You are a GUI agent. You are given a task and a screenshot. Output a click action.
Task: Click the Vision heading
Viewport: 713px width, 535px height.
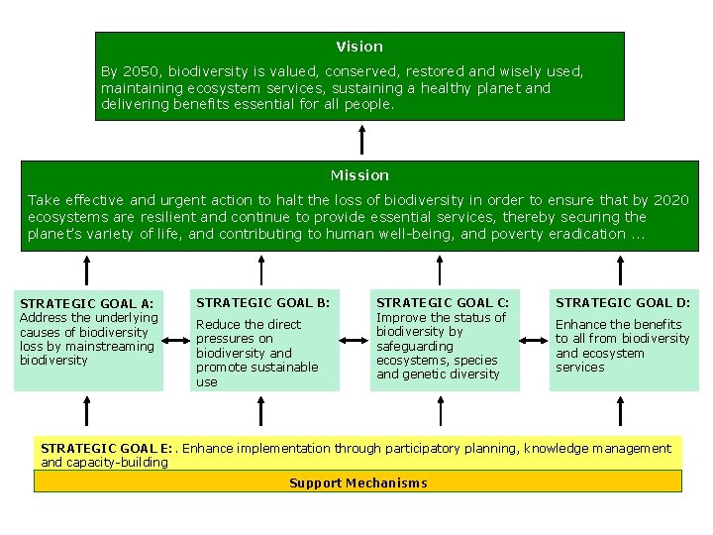(358, 47)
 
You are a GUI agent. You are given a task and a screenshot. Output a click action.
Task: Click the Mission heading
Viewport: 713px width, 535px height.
(359, 175)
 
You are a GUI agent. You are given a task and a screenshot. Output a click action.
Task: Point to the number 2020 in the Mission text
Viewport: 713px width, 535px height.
(671, 200)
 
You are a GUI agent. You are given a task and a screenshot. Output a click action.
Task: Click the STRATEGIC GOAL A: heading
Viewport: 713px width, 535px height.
(86, 303)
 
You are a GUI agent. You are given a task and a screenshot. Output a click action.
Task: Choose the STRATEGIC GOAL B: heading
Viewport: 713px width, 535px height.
(262, 302)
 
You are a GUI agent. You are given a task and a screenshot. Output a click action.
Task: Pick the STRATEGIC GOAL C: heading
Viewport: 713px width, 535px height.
(443, 302)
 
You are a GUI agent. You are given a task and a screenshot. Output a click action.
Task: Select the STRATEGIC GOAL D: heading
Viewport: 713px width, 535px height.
(622, 302)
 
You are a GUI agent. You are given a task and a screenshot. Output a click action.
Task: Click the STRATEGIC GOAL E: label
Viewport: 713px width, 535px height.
(106, 449)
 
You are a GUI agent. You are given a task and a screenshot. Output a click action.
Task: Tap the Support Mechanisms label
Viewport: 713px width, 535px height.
(358, 483)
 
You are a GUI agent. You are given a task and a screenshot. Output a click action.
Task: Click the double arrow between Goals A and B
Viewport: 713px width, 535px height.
(175, 340)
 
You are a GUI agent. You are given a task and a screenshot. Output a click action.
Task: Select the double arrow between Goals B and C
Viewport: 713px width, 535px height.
(354, 340)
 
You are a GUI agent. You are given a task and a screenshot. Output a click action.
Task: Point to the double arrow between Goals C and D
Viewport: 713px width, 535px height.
(534, 340)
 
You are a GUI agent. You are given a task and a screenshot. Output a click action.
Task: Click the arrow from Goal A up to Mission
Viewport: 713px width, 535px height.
(87, 268)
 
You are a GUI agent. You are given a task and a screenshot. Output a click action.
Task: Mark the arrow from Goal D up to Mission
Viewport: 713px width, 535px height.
(621, 268)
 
